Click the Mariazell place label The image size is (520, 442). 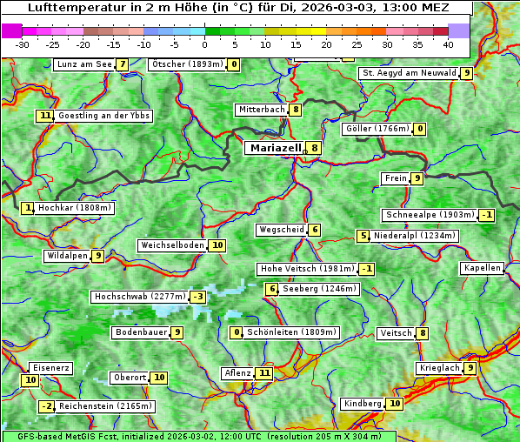(x=276, y=148)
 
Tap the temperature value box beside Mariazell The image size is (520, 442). (x=314, y=148)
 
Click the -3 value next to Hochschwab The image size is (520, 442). (x=198, y=297)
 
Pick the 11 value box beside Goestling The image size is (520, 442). (x=44, y=116)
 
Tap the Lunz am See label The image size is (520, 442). (x=83, y=64)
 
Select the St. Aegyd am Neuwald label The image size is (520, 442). (x=409, y=73)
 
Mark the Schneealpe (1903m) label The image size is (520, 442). (x=430, y=215)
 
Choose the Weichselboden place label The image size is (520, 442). (x=172, y=245)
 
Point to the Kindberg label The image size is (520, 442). (x=363, y=404)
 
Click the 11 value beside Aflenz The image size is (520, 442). (x=264, y=373)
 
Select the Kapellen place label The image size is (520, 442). (x=482, y=268)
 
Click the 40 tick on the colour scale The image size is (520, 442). (x=448, y=44)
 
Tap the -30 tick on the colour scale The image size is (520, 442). (x=23, y=44)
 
